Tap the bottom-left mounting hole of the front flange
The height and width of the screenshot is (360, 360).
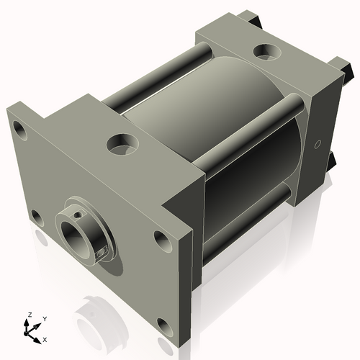coord(35,215)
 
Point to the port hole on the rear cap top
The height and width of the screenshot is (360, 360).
coord(266,53)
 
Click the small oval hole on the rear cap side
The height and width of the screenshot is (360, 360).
coord(318,144)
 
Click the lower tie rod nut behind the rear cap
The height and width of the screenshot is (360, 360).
coord(332,161)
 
